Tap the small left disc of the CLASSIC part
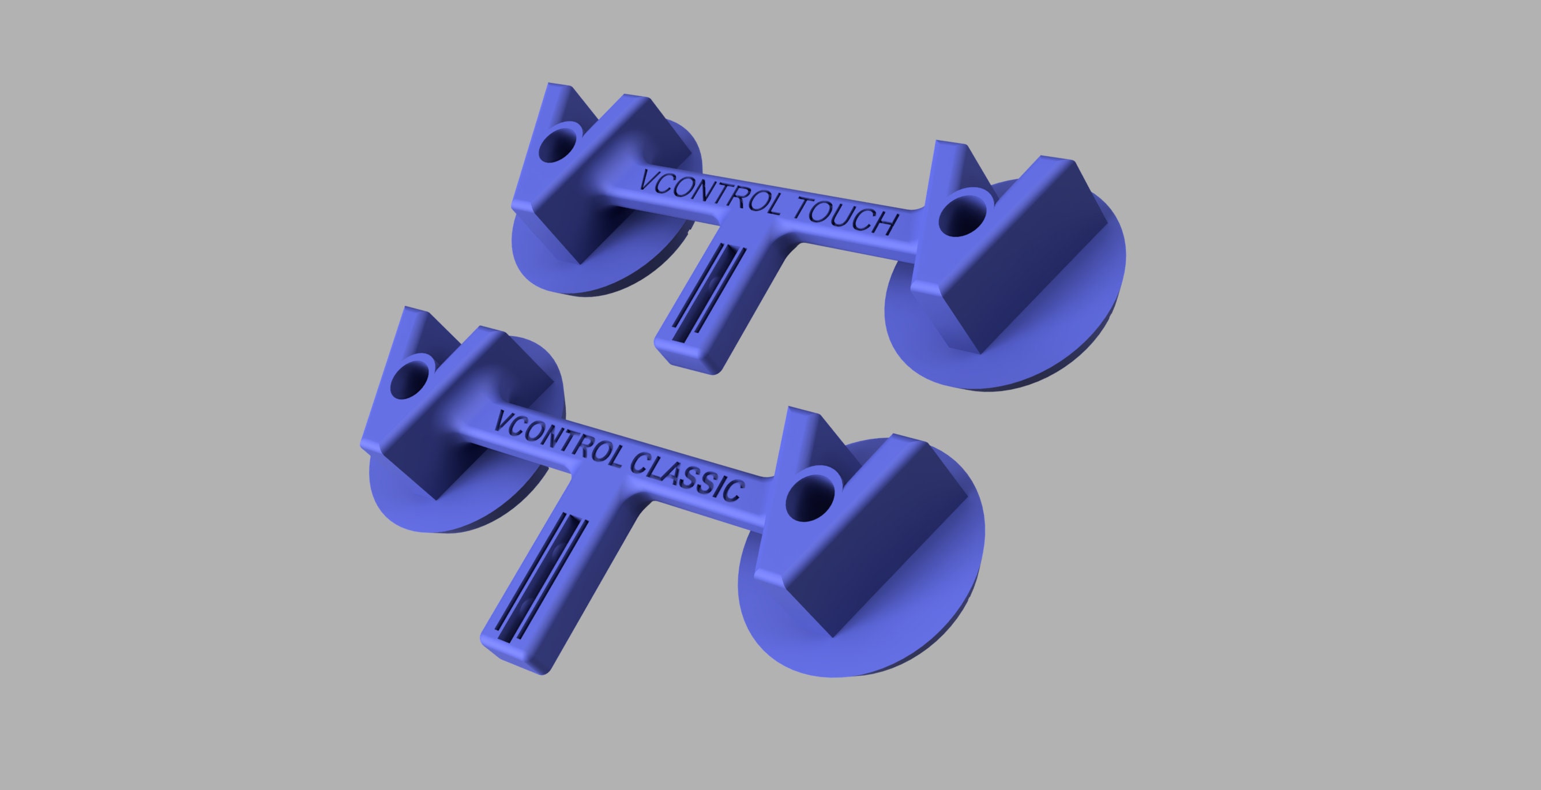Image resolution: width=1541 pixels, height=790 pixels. (407, 502)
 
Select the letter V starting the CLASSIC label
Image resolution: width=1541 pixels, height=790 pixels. (504, 422)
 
